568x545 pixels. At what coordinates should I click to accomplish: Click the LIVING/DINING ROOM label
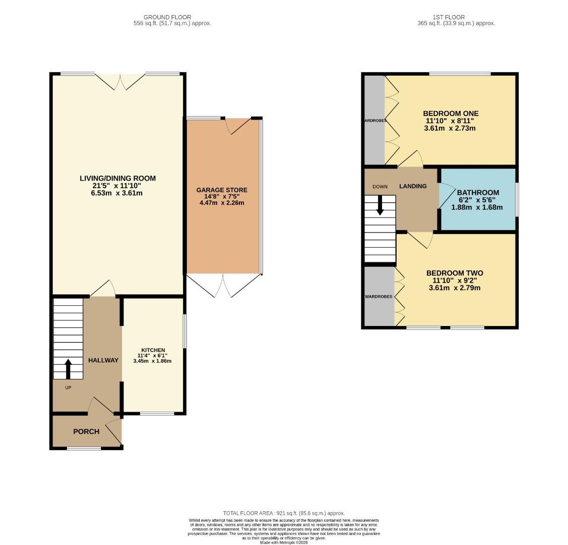coord(117,178)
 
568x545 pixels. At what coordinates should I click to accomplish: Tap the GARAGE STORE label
coord(222,190)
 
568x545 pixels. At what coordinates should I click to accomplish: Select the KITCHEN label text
coord(153,350)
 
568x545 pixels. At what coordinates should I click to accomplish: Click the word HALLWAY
coord(103,360)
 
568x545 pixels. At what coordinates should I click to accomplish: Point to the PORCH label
coord(86,431)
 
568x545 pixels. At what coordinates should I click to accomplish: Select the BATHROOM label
coord(478,192)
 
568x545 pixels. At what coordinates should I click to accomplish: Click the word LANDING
coord(413,186)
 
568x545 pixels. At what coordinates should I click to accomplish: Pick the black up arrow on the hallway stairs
coord(68,368)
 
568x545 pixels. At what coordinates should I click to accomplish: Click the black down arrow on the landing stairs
coord(380,205)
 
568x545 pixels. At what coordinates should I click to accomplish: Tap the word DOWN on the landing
coord(380,187)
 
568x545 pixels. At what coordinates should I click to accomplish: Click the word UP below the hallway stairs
coord(68,388)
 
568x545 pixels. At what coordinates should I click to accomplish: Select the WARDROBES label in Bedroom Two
coord(378,297)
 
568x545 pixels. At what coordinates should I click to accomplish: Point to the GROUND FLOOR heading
coord(167,17)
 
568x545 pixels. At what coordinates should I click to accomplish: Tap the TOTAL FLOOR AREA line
coord(284,513)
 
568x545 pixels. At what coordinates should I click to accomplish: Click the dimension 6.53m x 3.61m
coord(117,193)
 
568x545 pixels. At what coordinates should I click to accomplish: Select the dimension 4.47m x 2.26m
coord(222,203)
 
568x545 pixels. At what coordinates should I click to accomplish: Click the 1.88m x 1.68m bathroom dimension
coord(477,207)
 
